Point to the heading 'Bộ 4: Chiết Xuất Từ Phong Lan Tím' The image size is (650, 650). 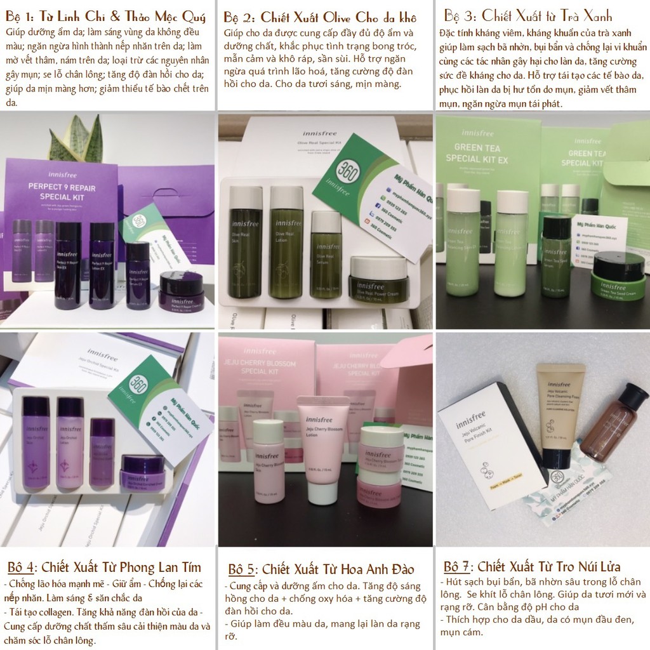tap(104, 567)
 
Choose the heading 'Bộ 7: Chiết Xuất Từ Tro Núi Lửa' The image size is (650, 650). tap(532, 566)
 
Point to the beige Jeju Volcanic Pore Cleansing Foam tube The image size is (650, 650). tap(560, 413)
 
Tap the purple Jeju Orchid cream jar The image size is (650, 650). tap(142, 471)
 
